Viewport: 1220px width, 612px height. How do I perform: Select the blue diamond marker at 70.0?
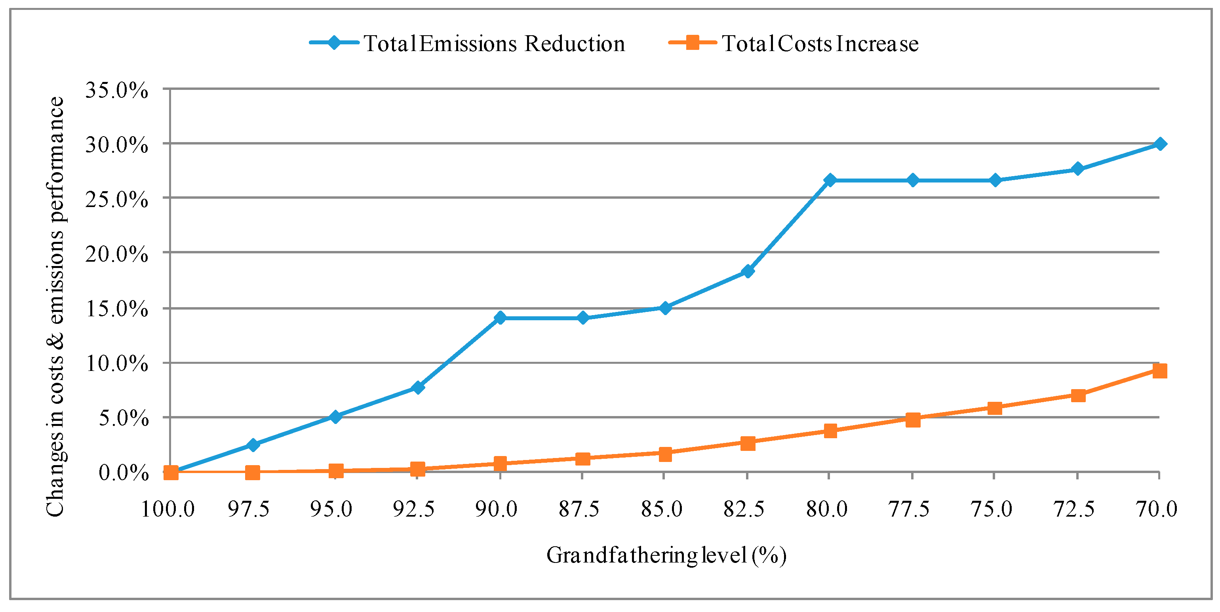[x=1160, y=144]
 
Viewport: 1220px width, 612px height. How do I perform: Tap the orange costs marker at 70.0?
[x=1160, y=371]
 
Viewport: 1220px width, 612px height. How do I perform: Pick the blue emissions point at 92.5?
[x=418, y=388]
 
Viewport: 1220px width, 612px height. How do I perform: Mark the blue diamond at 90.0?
[x=500, y=317]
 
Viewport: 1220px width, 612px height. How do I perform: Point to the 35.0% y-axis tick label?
[x=116, y=90]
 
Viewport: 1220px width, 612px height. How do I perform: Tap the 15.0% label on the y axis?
[x=116, y=309]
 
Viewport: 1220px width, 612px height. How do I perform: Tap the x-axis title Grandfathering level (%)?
[x=666, y=556]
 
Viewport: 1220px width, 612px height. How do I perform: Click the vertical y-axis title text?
[x=55, y=307]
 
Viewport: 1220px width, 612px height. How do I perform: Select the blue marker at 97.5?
[x=253, y=445]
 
